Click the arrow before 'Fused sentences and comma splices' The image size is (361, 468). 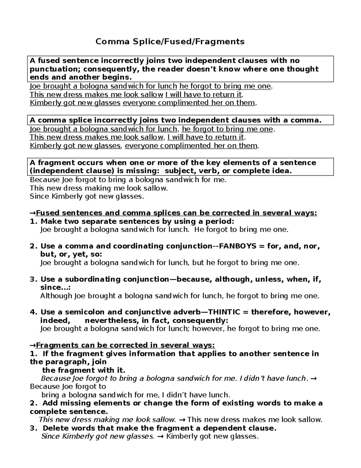pos(32,213)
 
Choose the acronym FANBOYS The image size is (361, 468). pos(237,247)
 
